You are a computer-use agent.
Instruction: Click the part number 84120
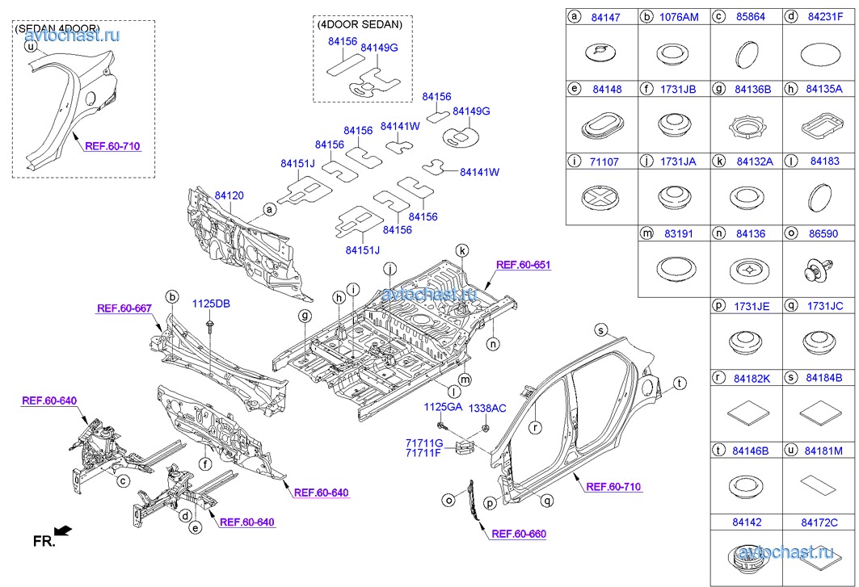(x=229, y=195)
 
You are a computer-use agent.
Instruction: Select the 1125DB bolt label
(x=211, y=304)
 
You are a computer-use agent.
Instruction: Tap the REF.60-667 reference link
(x=124, y=308)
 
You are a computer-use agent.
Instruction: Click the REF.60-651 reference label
(x=523, y=264)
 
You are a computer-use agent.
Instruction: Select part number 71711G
(x=424, y=442)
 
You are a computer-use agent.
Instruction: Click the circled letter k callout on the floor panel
(x=461, y=250)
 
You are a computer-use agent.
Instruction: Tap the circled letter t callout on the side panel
(x=680, y=383)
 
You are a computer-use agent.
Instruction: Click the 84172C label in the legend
(x=819, y=523)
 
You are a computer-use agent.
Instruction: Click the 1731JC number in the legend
(x=825, y=307)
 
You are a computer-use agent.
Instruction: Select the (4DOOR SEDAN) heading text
(x=359, y=23)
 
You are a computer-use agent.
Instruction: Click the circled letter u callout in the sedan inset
(x=31, y=47)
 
